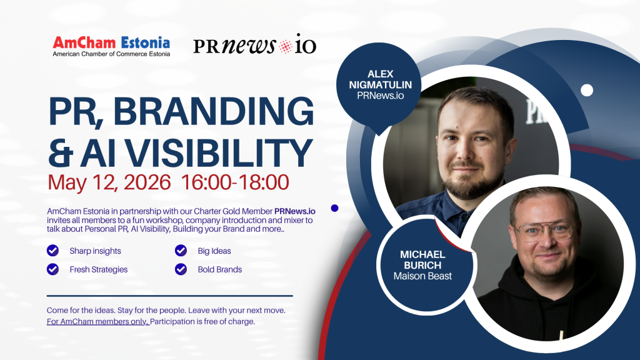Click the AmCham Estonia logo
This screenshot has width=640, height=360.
coord(111,46)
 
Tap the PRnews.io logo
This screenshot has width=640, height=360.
coord(255,44)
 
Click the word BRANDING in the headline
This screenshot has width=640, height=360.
coord(213,111)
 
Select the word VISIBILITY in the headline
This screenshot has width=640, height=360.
coord(197,153)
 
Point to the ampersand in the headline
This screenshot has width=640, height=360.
coord(61,154)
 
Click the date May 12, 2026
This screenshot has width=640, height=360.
coord(109,182)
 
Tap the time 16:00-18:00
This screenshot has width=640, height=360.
coord(235,182)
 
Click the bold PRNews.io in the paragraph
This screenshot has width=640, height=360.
coord(295,211)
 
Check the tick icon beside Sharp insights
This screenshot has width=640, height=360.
coord(52,251)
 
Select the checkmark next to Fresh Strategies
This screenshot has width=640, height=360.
coord(52,269)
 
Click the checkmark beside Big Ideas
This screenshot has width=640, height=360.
coord(181,251)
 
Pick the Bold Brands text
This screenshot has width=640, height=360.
coord(219,269)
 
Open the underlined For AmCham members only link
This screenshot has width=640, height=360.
coord(98,322)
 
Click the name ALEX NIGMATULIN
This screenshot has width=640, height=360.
coord(381,79)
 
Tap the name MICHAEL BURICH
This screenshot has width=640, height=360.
coord(422,259)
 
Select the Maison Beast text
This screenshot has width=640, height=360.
coord(422,276)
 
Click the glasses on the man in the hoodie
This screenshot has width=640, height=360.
coord(544,231)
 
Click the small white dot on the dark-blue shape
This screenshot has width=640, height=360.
coord(587,90)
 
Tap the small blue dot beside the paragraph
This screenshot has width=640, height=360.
coord(335,208)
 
